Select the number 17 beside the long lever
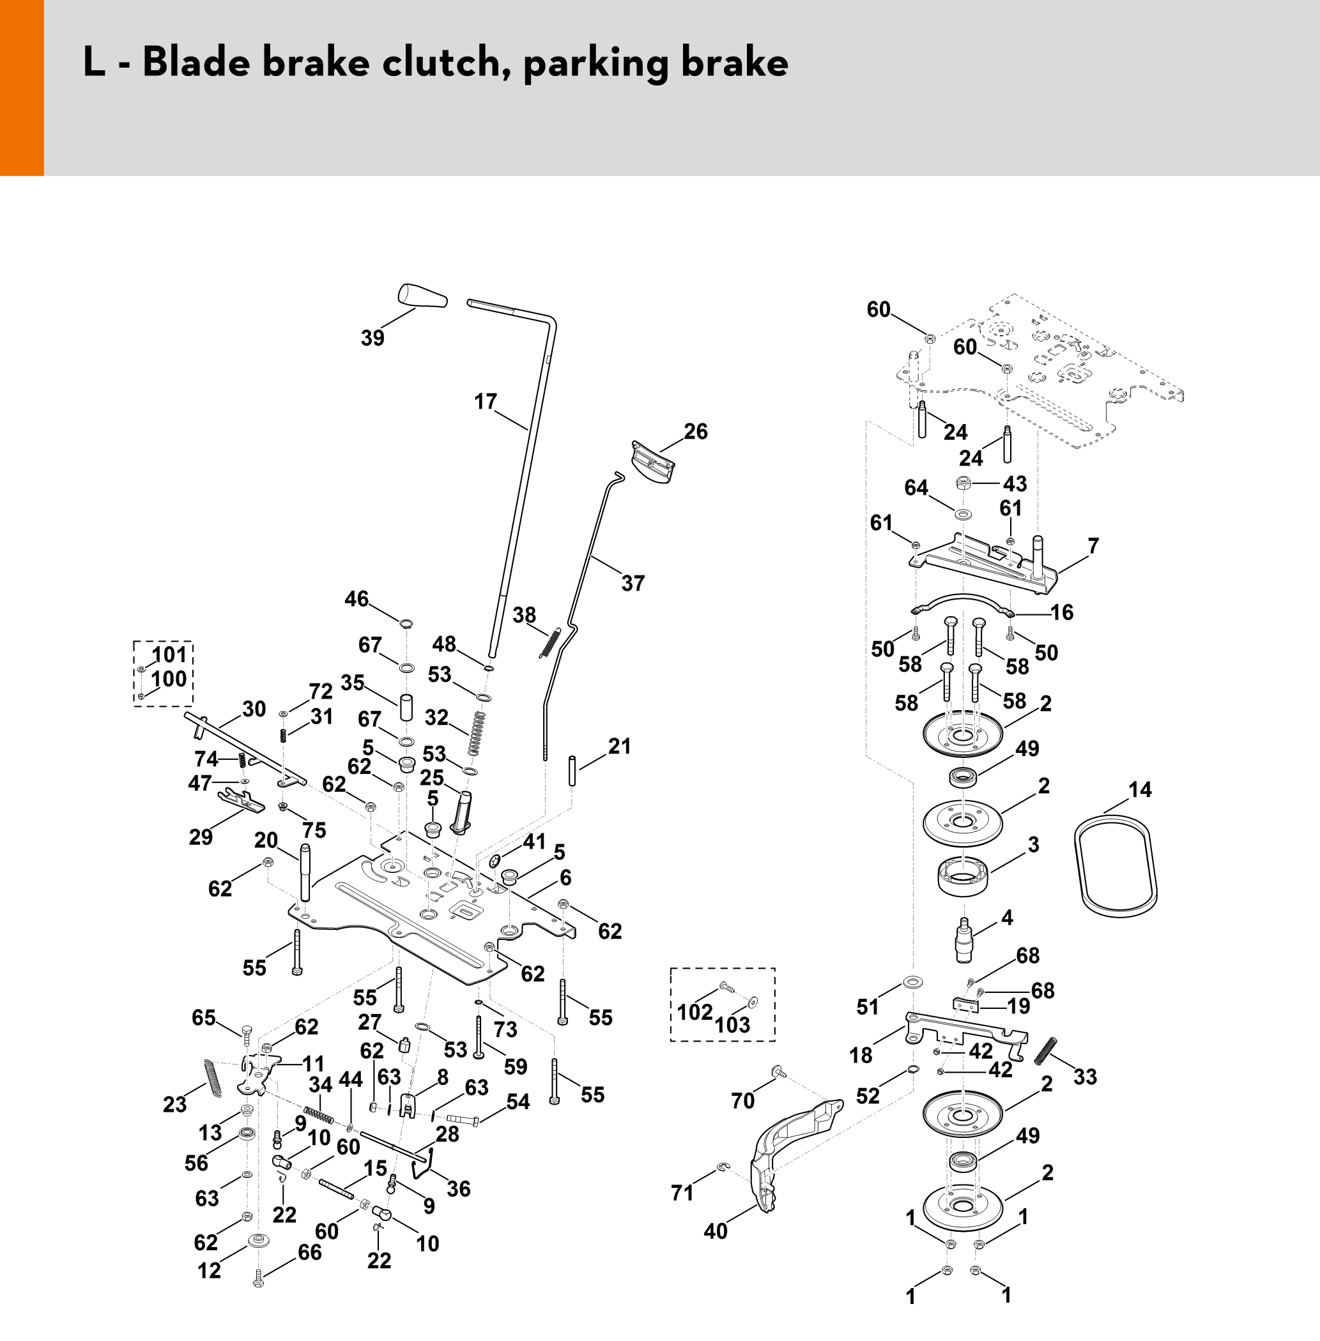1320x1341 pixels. point(486,402)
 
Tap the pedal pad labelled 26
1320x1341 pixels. point(653,461)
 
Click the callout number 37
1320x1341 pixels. point(633,583)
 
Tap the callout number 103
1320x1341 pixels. point(732,1024)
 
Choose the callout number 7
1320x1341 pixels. point(1093,546)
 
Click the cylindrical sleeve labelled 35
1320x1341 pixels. point(406,708)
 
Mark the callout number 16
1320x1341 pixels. point(1061,612)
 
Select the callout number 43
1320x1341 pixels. point(1015,484)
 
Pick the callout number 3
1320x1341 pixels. point(1033,844)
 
